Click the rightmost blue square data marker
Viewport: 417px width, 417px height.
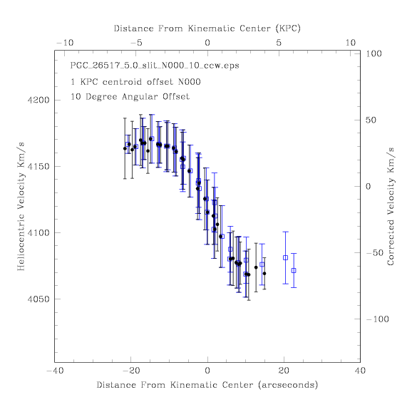[294, 270]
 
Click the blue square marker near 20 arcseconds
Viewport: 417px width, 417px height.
[286, 258]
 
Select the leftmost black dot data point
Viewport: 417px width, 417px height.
[125, 148]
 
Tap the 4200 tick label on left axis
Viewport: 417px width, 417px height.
[38, 101]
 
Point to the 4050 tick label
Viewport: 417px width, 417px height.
[38, 299]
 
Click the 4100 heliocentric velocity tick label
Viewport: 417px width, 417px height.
[38, 233]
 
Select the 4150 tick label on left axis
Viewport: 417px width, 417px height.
[38, 167]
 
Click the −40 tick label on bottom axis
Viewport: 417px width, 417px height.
[56, 371]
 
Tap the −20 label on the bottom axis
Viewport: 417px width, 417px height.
[131, 371]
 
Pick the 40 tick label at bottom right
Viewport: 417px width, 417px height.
[360, 371]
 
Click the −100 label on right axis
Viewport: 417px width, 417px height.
[378, 319]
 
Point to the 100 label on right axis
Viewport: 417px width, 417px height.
[374, 53]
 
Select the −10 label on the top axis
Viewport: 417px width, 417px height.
[65, 43]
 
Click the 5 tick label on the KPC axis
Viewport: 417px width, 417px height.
[279, 43]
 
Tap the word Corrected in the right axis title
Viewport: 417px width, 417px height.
[390, 242]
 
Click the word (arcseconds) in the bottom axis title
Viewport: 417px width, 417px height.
[288, 385]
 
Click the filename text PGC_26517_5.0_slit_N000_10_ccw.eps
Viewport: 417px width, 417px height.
[155, 66]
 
